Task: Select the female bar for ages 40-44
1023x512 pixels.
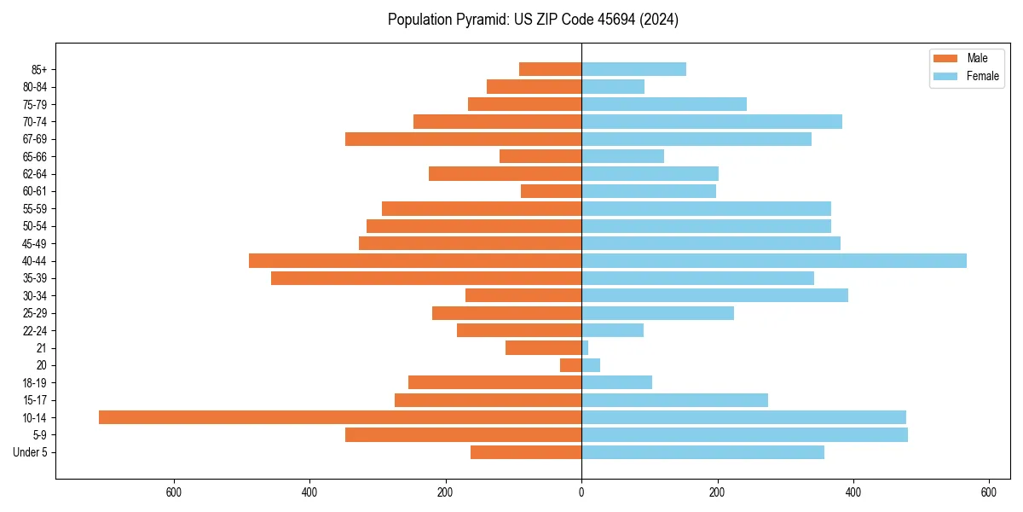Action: pyautogui.click(x=774, y=261)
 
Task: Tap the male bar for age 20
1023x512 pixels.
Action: pyautogui.click(x=570, y=365)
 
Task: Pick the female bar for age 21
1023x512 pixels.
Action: pyautogui.click(x=585, y=348)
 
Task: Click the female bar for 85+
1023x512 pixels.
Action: pyautogui.click(x=633, y=69)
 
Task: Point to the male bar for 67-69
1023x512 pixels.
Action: pyautogui.click(x=463, y=139)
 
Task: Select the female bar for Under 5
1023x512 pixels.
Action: pyautogui.click(x=702, y=452)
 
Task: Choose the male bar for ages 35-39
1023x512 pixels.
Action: pyautogui.click(x=426, y=278)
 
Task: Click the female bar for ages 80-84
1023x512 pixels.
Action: pyautogui.click(x=613, y=87)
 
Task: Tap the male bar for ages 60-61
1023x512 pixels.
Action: pyautogui.click(x=551, y=191)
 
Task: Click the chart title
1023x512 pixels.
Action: pyautogui.click(x=533, y=20)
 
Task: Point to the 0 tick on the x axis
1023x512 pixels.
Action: pyautogui.click(x=581, y=492)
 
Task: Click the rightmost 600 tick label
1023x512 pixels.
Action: pyautogui.click(x=989, y=492)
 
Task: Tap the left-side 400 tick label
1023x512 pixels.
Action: pyautogui.click(x=309, y=492)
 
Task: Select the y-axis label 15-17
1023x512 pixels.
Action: pyautogui.click(x=35, y=400)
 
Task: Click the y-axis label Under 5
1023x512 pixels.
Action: pyautogui.click(x=30, y=452)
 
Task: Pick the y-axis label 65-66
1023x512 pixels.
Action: pyautogui.click(x=35, y=156)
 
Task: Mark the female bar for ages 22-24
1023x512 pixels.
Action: pyautogui.click(x=612, y=330)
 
